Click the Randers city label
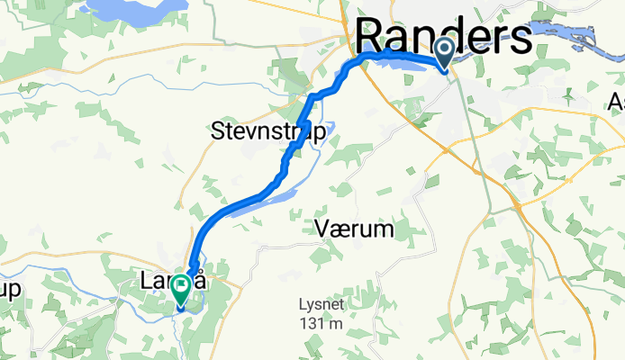click(x=444, y=38)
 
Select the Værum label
click(x=356, y=230)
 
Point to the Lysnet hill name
click(x=322, y=304)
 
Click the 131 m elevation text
click(x=322, y=323)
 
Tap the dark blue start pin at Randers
click(x=446, y=52)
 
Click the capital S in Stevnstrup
click(x=219, y=131)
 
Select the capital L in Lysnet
click(x=303, y=304)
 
